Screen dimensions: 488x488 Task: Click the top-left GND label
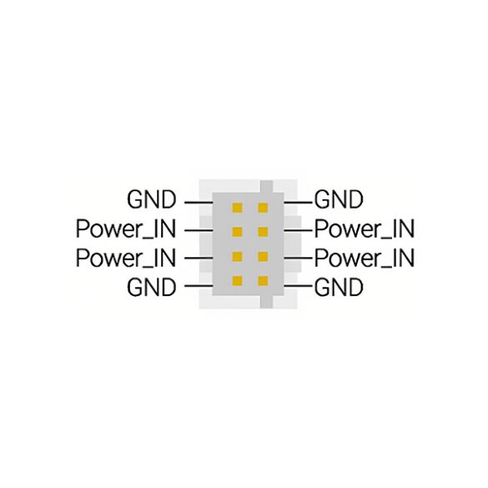point(152,199)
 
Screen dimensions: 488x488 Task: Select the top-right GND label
point(339,199)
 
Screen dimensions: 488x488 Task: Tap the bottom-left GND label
point(152,287)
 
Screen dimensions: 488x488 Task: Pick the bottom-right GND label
point(339,287)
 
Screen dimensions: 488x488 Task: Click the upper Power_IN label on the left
point(126,229)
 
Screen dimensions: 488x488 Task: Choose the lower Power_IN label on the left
point(126,259)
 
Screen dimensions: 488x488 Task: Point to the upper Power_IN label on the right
point(365,229)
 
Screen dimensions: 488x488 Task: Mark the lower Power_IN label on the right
point(365,259)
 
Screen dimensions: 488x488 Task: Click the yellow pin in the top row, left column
point(237,208)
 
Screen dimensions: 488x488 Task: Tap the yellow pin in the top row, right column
point(263,208)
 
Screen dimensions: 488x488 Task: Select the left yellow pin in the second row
point(237,232)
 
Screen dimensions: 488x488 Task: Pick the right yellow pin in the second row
point(263,232)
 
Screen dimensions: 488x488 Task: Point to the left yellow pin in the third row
point(237,256)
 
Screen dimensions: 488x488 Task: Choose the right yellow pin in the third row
point(263,256)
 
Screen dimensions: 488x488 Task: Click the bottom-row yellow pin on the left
point(237,281)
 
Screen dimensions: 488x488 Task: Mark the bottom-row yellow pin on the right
point(263,281)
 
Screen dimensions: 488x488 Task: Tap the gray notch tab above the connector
point(266,186)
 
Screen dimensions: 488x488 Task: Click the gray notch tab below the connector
point(266,302)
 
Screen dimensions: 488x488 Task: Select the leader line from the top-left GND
point(199,203)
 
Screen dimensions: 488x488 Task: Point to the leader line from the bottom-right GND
point(298,285)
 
